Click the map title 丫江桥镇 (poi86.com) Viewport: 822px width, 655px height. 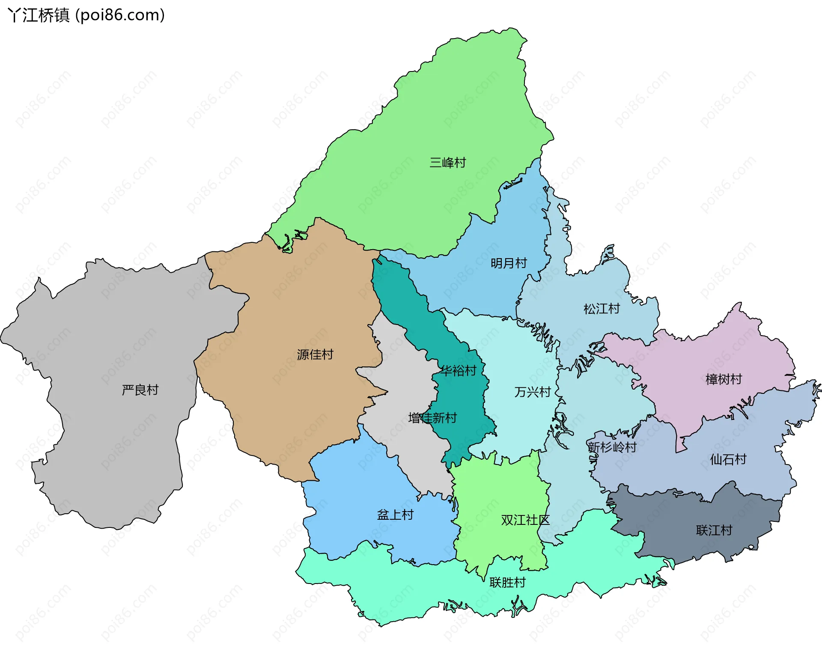click(86, 15)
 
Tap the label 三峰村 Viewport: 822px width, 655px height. click(447, 163)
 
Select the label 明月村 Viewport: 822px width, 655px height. click(509, 263)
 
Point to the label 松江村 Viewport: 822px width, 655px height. click(602, 309)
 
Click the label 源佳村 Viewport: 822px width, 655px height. click(315, 354)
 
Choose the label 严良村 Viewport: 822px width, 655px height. click(140, 390)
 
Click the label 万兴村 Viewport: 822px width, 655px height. click(532, 392)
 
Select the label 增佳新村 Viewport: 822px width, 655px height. click(432, 418)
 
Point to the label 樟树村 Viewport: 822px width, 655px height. click(723, 379)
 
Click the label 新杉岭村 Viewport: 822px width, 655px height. click(612, 447)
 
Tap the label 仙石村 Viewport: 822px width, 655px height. click(728, 459)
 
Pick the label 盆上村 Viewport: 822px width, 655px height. click(395, 515)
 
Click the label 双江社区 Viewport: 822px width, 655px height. click(525, 520)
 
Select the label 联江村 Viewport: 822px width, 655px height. click(714, 530)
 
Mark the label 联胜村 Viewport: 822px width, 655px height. click(507, 582)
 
